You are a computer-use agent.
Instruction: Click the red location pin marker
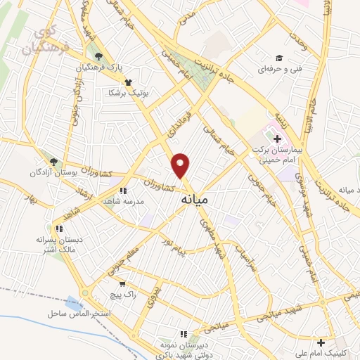[x=181, y=165]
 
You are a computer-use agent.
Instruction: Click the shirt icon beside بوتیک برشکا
[x=127, y=82]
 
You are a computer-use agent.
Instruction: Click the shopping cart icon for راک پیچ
[x=122, y=283]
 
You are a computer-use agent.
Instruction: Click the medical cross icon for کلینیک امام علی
[x=321, y=343]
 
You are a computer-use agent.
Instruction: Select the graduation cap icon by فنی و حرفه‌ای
[x=278, y=58]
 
